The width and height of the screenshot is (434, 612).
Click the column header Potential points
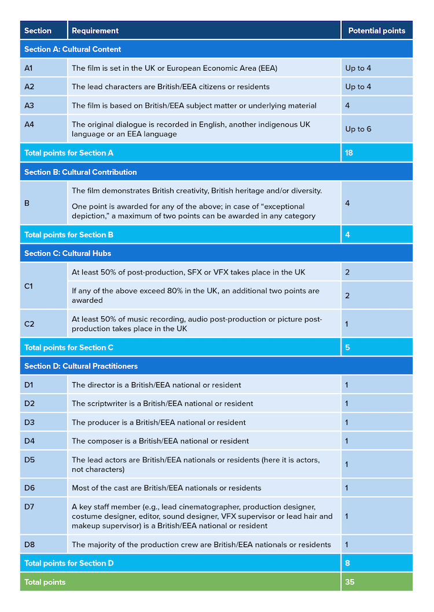377,31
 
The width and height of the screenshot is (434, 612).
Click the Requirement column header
95,31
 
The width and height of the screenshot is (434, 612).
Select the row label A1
29,68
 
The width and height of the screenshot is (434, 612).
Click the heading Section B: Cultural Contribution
80,172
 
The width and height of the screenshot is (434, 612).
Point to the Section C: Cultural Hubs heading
68,253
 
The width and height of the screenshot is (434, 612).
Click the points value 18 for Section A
350,153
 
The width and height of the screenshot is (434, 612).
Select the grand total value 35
350,582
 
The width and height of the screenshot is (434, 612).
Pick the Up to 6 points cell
358,129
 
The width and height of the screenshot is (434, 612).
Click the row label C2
30,324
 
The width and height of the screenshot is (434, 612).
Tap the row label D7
30,507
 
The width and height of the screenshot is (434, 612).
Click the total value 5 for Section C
347,347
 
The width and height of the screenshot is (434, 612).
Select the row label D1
30,385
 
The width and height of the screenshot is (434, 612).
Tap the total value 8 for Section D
347,563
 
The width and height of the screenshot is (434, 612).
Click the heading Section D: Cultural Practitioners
81,366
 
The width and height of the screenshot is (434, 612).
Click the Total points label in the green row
45,582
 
